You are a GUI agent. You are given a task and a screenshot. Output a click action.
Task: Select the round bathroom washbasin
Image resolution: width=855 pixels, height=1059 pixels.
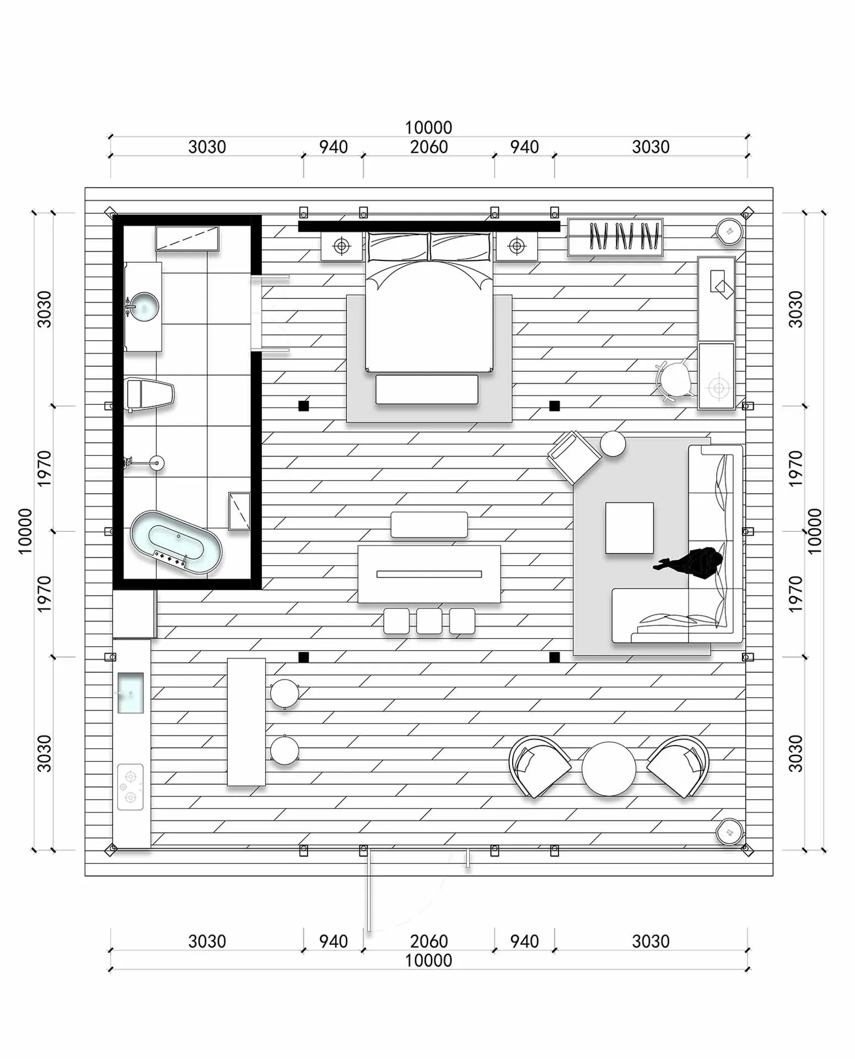(x=143, y=307)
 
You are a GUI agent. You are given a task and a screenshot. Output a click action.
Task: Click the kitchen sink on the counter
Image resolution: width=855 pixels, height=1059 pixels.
(x=131, y=693)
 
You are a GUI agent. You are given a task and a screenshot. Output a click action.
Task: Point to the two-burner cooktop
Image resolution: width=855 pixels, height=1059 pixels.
(x=131, y=787)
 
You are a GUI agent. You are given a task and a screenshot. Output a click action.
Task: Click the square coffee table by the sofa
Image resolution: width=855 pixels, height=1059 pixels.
(x=630, y=528)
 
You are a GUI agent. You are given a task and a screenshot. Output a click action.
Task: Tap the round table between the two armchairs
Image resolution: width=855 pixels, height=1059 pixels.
(x=609, y=769)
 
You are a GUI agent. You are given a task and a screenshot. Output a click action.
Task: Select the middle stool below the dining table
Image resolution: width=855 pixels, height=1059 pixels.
(x=429, y=621)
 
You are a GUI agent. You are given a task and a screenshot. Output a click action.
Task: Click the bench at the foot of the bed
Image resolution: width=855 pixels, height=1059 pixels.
(x=427, y=389)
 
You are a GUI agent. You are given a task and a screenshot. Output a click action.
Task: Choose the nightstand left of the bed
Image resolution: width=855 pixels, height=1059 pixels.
(x=342, y=246)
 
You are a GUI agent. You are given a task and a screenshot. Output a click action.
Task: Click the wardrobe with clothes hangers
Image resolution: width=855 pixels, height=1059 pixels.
(x=615, y=237)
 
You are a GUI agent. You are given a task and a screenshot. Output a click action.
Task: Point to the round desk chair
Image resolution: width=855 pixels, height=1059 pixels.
(x=674, y=380)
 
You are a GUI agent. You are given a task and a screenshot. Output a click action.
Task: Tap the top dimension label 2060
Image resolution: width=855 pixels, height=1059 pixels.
(x=429, y=147)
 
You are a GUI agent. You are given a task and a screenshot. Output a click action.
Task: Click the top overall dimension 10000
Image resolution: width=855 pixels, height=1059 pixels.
(x=428, y=127)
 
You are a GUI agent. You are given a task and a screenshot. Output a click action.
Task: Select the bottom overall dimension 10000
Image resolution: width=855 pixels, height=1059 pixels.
(x=428, y=960)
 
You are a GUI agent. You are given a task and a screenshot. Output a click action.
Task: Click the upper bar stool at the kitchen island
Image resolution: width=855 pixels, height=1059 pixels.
(x=284, y=694)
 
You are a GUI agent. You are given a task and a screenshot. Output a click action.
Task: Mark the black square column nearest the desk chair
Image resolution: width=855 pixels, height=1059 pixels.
(x=555, y=406)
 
